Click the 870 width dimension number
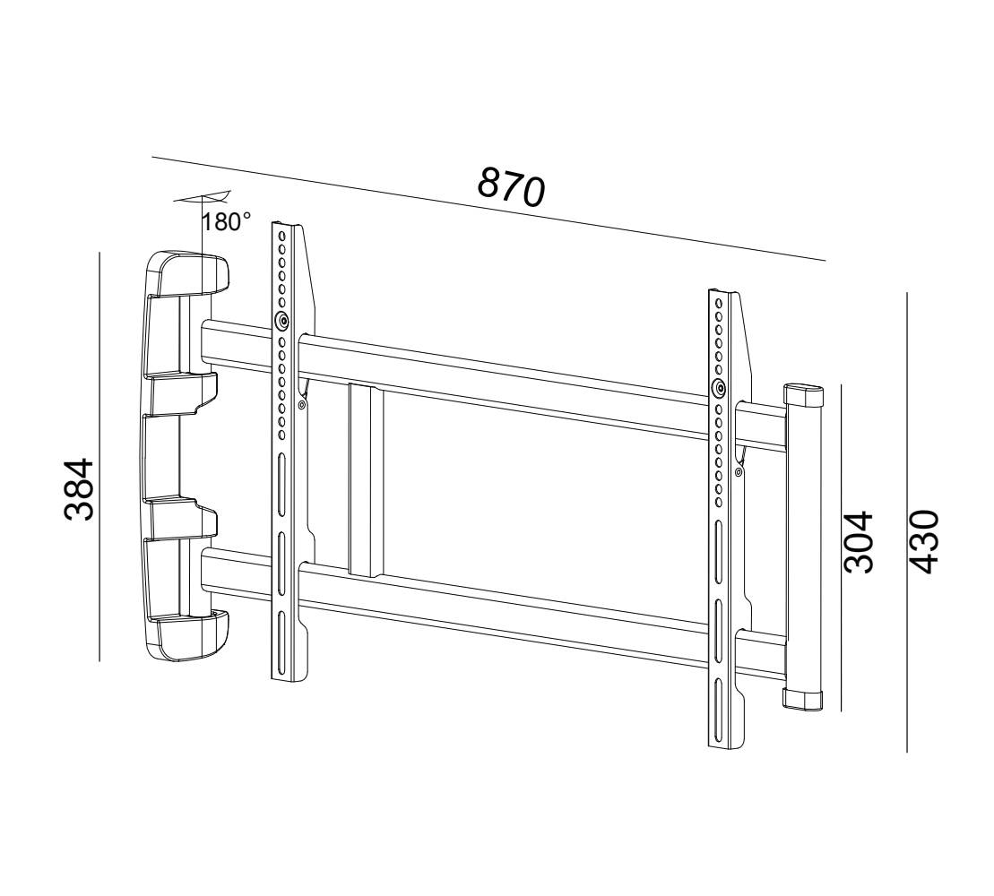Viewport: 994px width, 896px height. [510, 186]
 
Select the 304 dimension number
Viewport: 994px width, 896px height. [859, 541]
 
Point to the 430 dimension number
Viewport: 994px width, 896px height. [923, 541]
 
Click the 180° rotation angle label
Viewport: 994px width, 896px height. [227, 222]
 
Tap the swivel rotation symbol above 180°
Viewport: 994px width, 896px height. [204, 198]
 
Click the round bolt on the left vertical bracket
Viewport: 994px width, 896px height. [282, 321]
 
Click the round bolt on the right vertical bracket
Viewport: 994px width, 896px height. [718, 388]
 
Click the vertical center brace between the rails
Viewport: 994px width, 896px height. [366, 479]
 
